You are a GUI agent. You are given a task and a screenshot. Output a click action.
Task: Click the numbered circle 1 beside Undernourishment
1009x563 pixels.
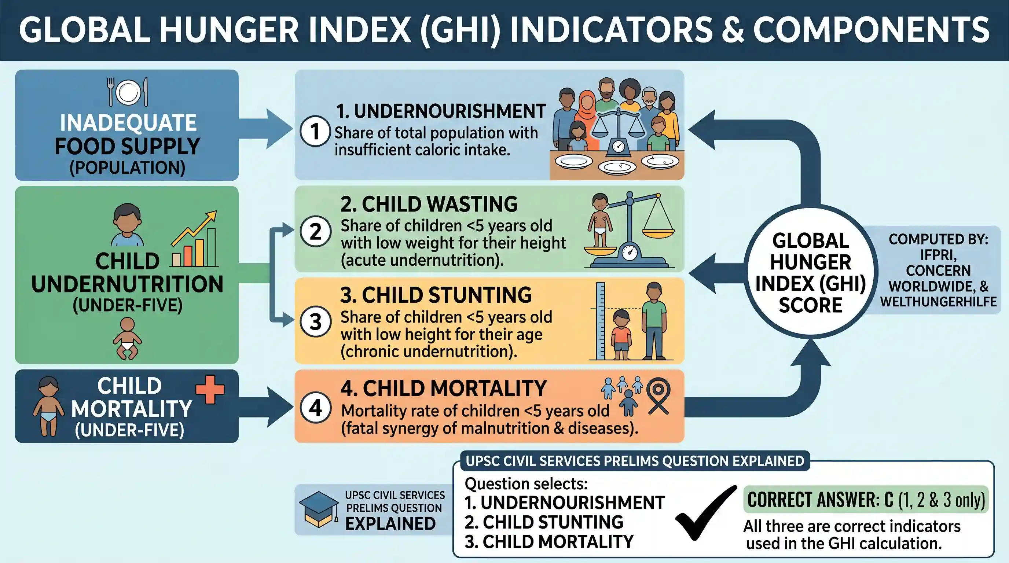pos(315,131)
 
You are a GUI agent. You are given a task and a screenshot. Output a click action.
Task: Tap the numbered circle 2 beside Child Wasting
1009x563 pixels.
pos(316,231)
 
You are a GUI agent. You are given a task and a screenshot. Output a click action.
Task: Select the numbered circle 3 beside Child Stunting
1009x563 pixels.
pos(316,322)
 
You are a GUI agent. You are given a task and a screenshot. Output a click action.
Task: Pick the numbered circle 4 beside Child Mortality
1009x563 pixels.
pos(316,408)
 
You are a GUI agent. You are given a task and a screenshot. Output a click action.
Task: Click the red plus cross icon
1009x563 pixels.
pos(210,389)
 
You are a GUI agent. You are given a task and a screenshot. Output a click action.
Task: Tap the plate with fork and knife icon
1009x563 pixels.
pos(128,92)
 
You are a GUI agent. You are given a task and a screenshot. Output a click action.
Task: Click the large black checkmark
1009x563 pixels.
pos(705,513)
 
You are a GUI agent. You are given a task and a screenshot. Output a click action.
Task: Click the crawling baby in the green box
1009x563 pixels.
pos(127,338)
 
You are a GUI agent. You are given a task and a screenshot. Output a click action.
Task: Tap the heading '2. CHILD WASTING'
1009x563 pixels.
pos(429,204)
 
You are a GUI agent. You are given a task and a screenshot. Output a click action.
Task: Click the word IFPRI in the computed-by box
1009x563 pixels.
pos(938,255)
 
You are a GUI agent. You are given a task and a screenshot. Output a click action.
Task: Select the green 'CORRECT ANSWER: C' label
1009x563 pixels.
pos(866,500)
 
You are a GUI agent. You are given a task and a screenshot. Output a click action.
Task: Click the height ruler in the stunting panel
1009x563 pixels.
pos(601,321)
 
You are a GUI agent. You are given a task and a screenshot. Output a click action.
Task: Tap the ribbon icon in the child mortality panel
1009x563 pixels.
pos(658,396)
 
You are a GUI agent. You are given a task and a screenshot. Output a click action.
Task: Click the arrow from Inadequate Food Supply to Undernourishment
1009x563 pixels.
pos(265,129)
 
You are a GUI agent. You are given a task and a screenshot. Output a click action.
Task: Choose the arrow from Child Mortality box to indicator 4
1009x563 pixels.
pos(265,407)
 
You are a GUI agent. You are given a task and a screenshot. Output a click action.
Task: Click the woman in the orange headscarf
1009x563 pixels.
pos(586,117)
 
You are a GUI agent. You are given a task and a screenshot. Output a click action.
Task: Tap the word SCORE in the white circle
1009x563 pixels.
pos(810,305)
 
